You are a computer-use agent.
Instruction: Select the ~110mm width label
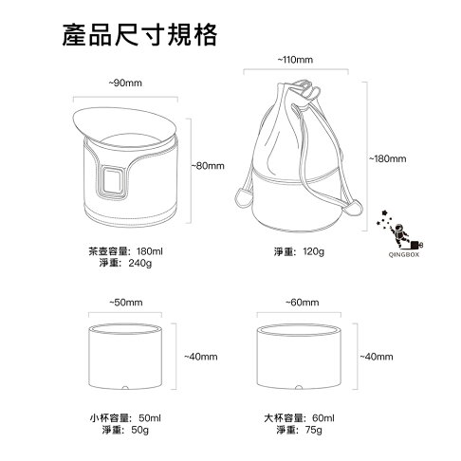click(296, 60)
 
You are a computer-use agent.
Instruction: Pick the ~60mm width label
click(300, 303)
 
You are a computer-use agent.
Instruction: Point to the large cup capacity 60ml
click(323, 416)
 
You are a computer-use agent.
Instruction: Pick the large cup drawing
click(300, 358)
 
